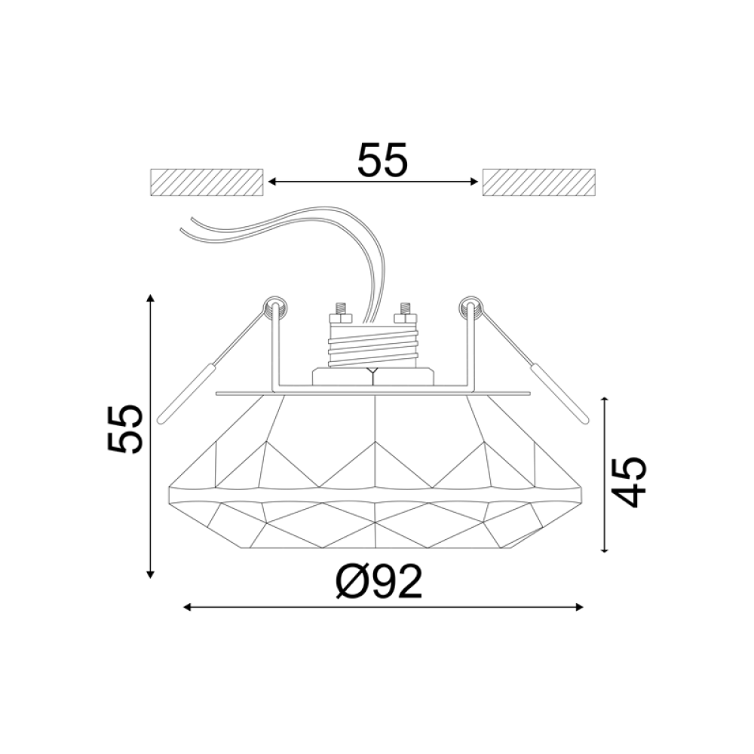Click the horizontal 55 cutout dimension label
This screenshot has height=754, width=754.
[382, 161]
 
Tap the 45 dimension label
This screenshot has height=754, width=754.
[628, 481]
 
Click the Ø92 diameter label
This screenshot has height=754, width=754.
[379, 582]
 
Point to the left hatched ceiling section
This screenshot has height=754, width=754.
[207, 182]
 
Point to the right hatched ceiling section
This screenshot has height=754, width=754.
[539, 182]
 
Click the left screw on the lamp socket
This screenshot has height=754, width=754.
[340, 309]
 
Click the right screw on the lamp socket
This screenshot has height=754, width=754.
[406, 309]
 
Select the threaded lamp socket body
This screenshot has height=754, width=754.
[373, 343]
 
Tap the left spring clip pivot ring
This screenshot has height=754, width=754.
[274, 307]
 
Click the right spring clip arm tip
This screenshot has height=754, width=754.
[581, 418]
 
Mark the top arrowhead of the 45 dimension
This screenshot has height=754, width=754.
[605, 400]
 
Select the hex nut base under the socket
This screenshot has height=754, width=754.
[373, 376]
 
